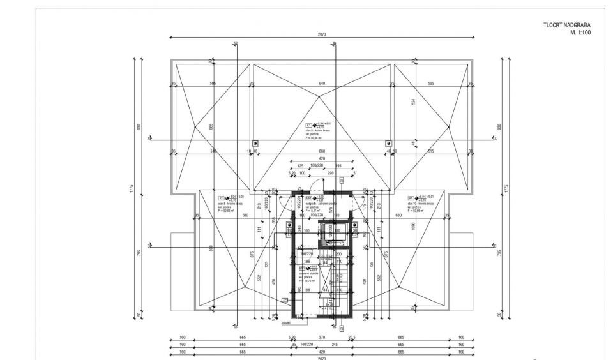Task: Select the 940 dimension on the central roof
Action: click(322, 83)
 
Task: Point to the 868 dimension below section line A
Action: click(322, 151)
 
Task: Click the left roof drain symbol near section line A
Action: click(255, 144)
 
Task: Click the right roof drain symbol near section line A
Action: click(388, 144)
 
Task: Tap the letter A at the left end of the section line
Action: click(148, 138)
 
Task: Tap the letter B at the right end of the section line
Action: click(495, 245)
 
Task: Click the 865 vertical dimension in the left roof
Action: click(211, 128)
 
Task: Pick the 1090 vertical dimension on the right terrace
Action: click(414, 226)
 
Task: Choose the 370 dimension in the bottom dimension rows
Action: click(322, 338)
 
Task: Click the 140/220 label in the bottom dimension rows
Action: click(308, 345)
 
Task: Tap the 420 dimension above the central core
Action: click(322, 158)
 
